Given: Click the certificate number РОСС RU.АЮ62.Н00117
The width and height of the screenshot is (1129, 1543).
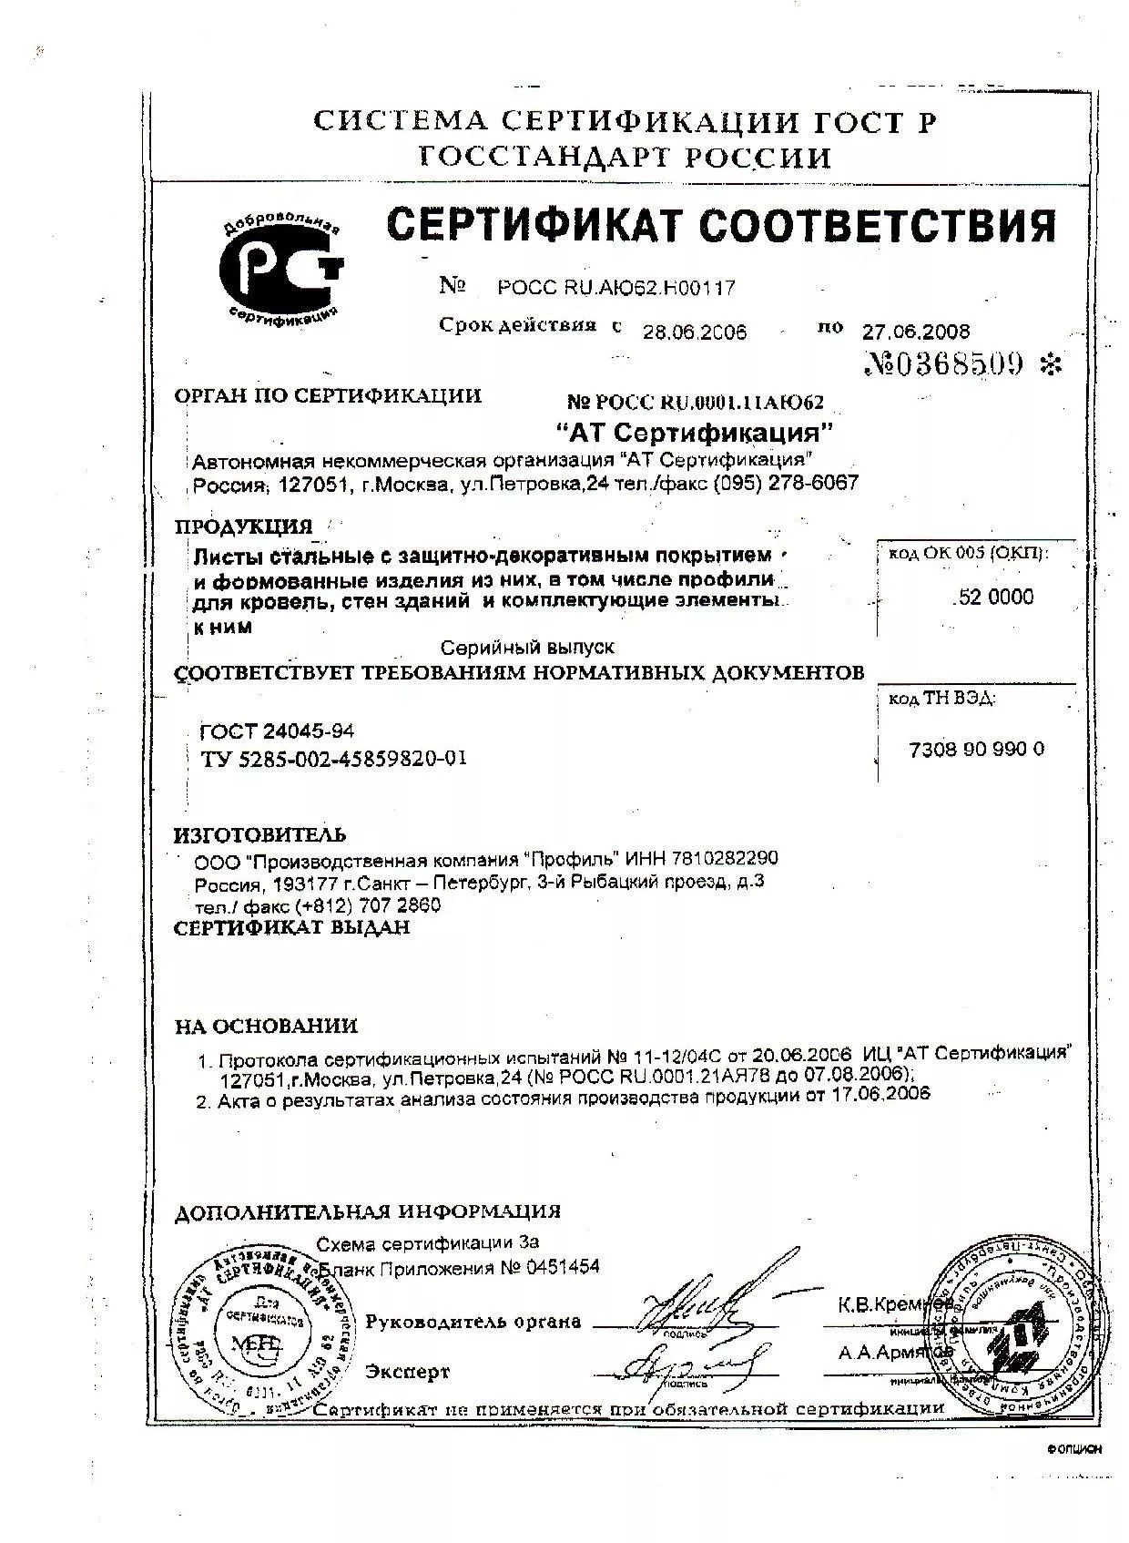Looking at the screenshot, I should click(616, 288).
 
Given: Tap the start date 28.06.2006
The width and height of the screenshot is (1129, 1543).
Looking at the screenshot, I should click(695, 332).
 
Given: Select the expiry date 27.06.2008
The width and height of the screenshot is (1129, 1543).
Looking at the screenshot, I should click(915, 331).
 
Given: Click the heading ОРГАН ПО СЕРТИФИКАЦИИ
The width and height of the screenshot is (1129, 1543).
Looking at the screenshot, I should click(328, 395).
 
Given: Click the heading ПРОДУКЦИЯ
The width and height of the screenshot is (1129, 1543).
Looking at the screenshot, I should click(243, 526).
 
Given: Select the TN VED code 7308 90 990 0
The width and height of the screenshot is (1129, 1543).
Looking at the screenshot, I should click(977, 749).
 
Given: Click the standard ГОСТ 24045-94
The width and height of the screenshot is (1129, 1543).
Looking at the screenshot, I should click(277, 731).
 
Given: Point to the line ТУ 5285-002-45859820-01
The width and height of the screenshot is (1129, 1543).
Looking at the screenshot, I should click(333, 758).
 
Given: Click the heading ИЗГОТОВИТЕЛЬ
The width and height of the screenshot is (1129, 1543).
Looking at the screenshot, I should click(260, 834).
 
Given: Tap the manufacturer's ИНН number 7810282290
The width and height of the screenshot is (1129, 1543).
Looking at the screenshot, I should click(725, 858).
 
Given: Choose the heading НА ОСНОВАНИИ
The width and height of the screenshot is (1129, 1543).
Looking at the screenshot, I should click(266, 1026).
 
